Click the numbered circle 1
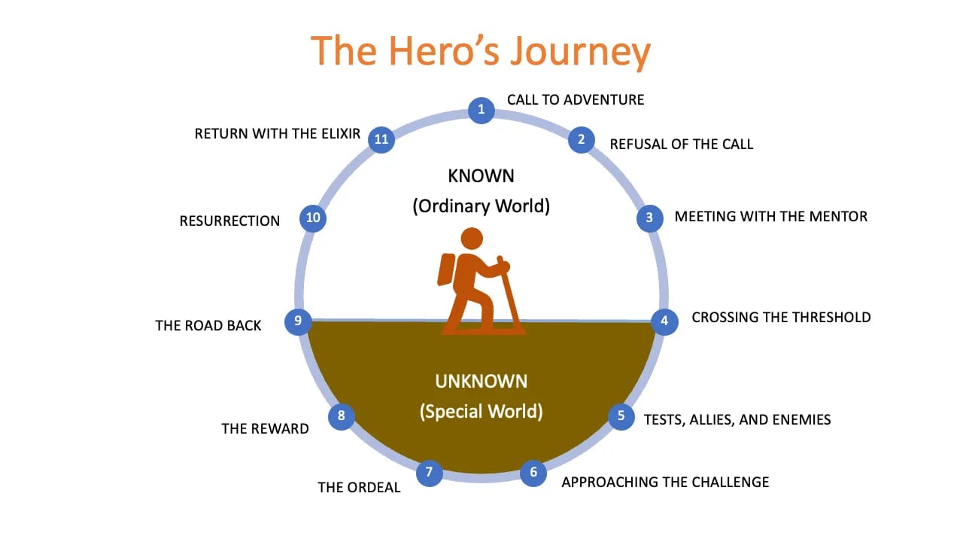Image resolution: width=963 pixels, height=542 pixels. coord(481,110)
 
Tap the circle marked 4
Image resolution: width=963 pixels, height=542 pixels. coord(664,321)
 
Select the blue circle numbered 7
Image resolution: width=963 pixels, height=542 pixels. coord(429,473)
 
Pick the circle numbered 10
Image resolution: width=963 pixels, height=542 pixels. coord(313,218)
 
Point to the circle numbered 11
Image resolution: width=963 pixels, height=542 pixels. coord(381,139)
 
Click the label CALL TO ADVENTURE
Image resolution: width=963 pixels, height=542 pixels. coord(576,99)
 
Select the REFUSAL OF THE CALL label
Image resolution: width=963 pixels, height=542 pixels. coord(681,144)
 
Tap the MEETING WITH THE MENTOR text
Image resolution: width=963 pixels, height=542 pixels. coord(770,217)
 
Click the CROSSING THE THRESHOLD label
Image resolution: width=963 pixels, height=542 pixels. coord(781,317)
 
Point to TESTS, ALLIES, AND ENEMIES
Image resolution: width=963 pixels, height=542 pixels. coord(737,419)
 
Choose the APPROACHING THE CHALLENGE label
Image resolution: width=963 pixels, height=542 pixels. coord(665,482)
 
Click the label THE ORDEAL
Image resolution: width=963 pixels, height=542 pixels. coord(359,487)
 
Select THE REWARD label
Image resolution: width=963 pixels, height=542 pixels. coord(265,428)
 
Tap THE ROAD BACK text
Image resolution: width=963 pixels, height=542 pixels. coord(208,325)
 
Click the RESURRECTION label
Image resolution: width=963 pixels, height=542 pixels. coord(229,221)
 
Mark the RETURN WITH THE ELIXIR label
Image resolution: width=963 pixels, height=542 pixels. coord(278,134)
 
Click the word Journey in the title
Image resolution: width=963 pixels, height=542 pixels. coord(579,51)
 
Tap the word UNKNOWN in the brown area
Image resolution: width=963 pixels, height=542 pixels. coord(481,381)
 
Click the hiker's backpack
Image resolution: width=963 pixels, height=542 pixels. coord(446,269)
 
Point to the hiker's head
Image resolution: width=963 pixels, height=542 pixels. coord(472,239)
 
